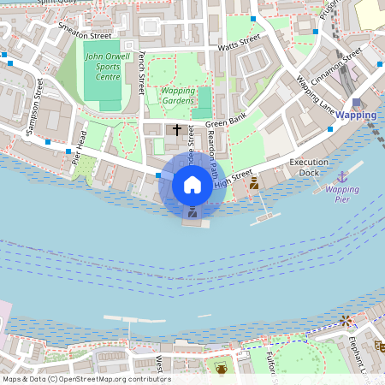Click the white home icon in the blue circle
pyautogui.click(x=192, y=184)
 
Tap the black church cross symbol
pyautogui.click(x=177, y=130)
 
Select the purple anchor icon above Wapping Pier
pyautogui.click(x=342, y=175)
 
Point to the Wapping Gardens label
pyautogui.click(x=178, y=96)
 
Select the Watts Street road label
pyautogui.click(x=239, y=43)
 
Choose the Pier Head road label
pyautogui.click(x=81, y=145)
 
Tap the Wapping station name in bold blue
pyautogui.click(x=356, y=115)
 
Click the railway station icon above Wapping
pyautogui.click(x=356, y=102)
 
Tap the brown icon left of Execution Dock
pyautogui.click(x=253, y=183)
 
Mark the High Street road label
pyautogui.click(x=234, y=179)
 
